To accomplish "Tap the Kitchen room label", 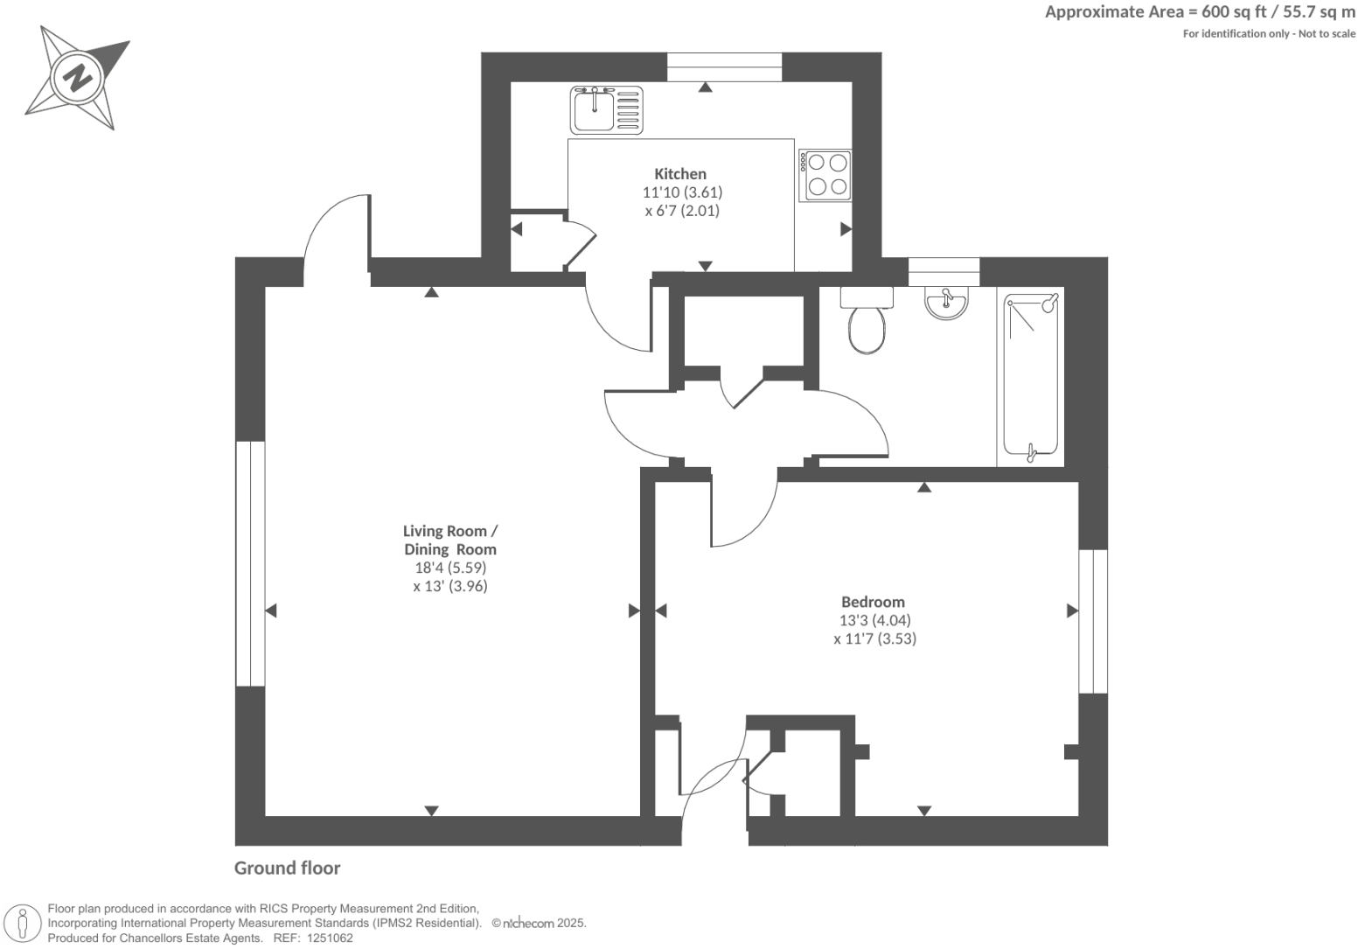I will coord(679,174).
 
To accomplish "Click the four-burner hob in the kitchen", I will coord(826,175).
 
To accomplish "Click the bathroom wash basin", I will coord(946,304).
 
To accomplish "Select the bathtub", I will coord(1031,376).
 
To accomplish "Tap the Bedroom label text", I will coord(873,602).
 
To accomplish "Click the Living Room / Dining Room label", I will coord(449,541).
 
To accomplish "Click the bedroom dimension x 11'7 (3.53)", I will coord(874,639).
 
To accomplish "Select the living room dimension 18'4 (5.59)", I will coord(449,568).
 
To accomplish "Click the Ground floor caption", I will coord(287,868).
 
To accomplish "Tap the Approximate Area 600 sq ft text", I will coord(1200,12).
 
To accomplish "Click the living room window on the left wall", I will coord(250,563).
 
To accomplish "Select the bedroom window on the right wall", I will coord(1092,621).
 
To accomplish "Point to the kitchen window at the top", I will coord(724,67).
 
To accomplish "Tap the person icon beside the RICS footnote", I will coord(24,924).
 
